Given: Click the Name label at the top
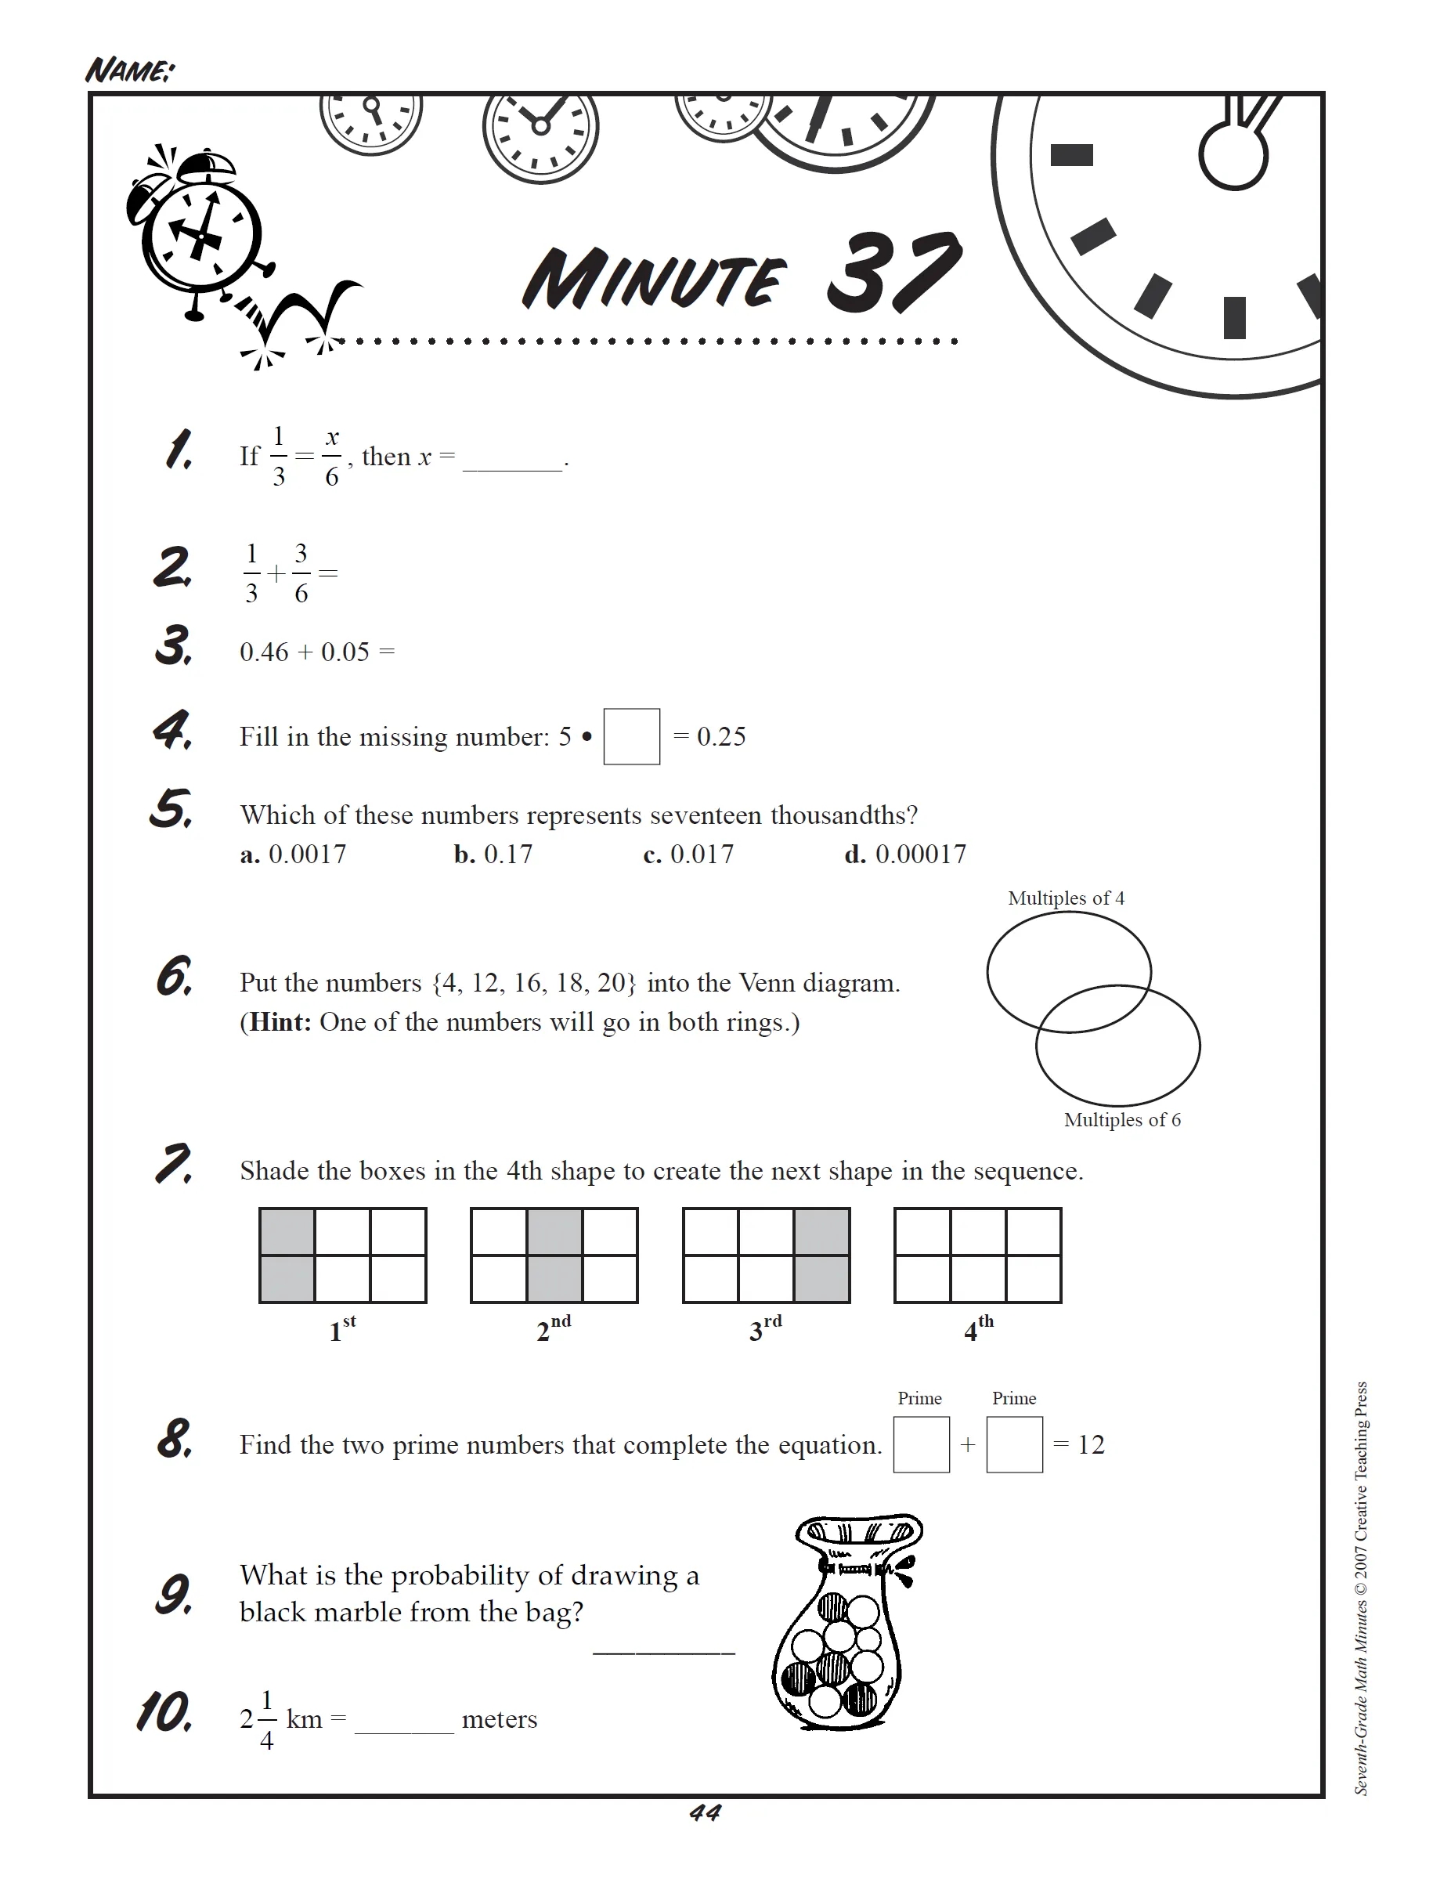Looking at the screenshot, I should (129, 70).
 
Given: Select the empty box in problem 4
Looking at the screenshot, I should (631, 736).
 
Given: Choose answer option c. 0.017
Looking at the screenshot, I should (689, 855).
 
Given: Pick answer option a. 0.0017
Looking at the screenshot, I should (294, 855).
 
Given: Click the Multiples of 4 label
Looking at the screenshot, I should (1066, 898).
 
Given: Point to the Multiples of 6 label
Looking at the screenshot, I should (1121, 1120).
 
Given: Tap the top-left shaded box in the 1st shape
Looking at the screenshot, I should (287, 1232).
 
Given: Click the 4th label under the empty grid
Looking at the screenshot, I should (978, 1329).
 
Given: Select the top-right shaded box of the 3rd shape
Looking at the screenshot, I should (821, 1232).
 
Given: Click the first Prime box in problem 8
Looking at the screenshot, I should (921, 1444).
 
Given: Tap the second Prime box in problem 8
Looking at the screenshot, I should (1014, 1444).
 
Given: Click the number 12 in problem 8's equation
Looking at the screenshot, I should (1091, 1444).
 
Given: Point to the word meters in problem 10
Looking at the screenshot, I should (499, 1719).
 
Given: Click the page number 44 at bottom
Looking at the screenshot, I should (706, 1812).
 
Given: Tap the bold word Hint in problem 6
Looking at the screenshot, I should (280, 1022).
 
